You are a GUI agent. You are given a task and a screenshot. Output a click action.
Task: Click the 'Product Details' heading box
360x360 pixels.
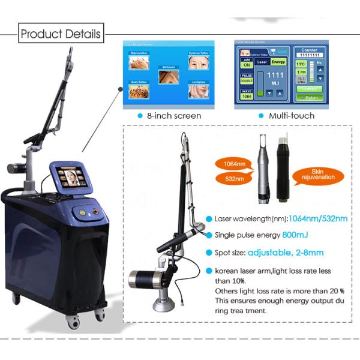coord(61,33)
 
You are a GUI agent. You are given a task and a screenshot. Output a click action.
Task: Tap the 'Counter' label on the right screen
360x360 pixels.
coord(309,50)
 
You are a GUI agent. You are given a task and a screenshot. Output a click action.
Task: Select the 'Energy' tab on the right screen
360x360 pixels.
coord(278,61)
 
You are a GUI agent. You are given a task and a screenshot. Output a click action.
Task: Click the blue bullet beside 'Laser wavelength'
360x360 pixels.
coord(209,218)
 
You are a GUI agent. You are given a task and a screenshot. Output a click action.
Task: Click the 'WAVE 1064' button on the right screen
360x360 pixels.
coord(246,94)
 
